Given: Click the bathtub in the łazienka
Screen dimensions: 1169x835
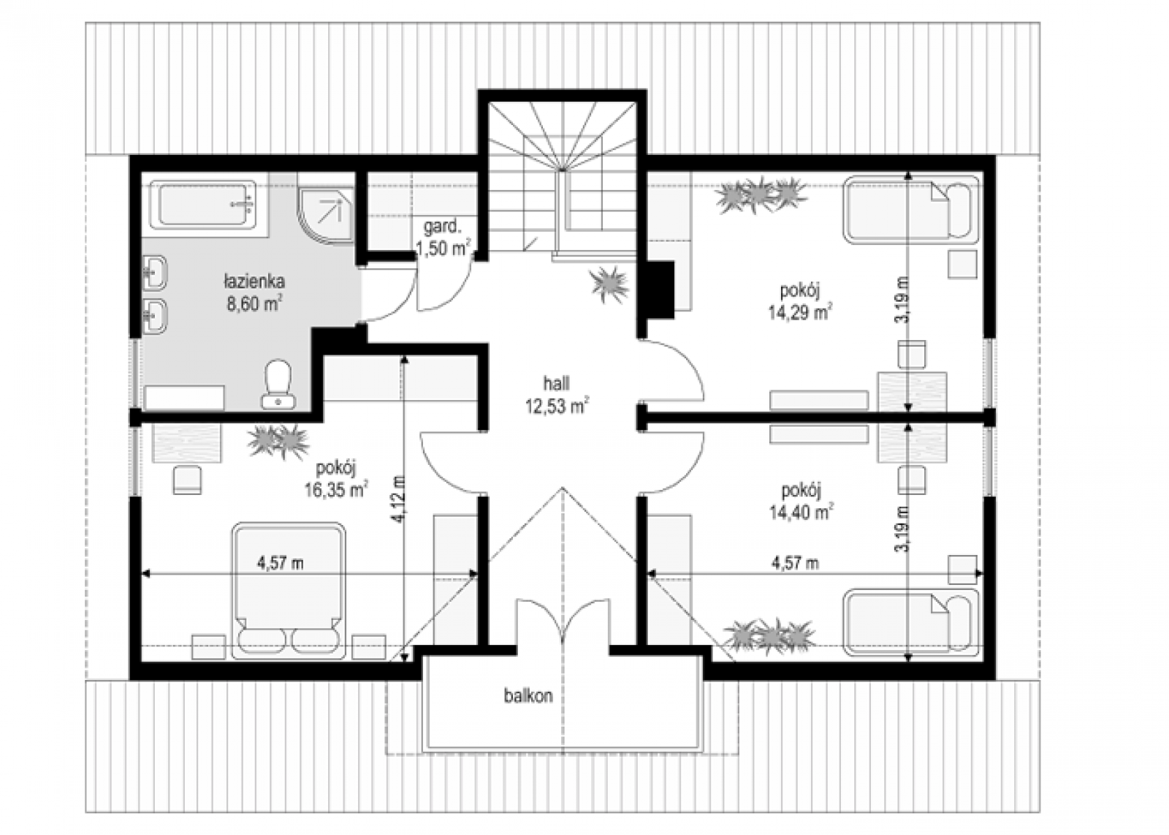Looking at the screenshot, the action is [202, 205].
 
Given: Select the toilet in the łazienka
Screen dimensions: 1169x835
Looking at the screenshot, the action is [278, 384].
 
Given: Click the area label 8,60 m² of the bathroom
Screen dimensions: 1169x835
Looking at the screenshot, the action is [255, 303].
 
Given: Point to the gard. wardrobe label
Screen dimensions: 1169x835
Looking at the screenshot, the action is [443, 227].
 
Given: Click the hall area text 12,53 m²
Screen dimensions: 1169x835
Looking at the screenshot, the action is [557, 406].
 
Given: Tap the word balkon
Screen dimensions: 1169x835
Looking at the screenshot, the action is [528, 696].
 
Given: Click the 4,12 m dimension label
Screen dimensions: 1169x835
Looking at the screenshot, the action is [399, 499].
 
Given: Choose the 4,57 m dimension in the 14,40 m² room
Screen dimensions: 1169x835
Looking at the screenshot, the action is [795, 563].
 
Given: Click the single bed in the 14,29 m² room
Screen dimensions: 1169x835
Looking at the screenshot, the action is [910, 209].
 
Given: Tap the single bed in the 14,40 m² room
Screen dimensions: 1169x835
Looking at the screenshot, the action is [910, 622].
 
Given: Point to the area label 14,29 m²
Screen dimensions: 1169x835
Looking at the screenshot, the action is [800, 312].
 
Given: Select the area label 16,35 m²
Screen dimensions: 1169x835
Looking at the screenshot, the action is [336, 490].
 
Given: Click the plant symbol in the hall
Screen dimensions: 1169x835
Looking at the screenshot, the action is [609, 284].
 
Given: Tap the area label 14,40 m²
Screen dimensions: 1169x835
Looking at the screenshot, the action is [801, 513].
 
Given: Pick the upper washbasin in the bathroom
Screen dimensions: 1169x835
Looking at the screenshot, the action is [155, 272].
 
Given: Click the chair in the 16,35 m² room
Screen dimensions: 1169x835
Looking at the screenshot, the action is [187, 480].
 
